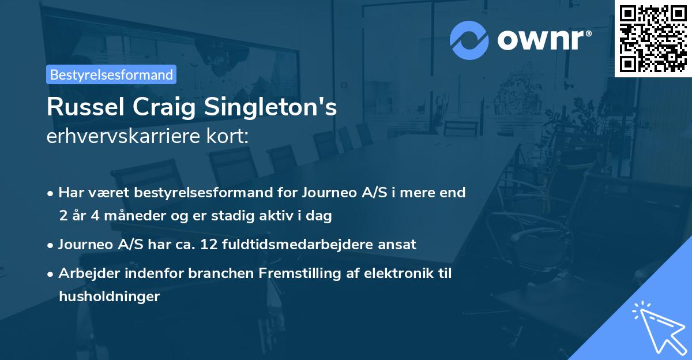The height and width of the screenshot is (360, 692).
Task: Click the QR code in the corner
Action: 653,38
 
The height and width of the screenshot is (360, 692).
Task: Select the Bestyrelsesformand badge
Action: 111,74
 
